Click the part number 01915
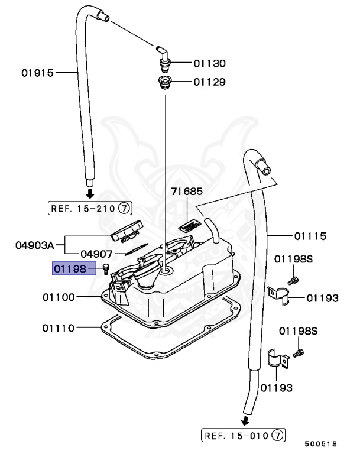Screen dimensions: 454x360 point(38,73)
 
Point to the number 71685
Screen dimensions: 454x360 point(187,192)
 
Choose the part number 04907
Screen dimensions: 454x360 point(96,254)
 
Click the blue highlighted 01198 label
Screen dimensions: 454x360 point(70,270)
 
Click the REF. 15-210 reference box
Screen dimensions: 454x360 point(89,208)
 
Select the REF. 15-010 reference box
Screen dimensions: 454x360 point(243,436)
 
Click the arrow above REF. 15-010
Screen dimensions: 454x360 point(244,421)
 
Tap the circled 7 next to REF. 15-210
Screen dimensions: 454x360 point(125,208)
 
